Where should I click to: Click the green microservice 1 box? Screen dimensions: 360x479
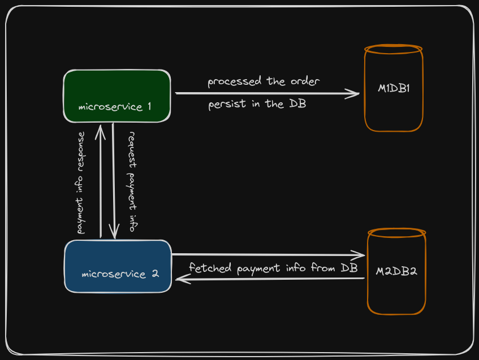click(x=116, y=96)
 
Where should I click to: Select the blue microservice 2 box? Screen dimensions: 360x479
click(x=118, y=266)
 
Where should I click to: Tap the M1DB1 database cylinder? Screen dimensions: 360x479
click(x=394, y=89)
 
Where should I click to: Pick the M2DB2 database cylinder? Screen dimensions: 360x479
click(x=396, y=271)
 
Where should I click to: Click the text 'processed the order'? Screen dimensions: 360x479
click(x=264, y=81)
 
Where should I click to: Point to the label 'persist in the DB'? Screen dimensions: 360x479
click(x=257, y=104)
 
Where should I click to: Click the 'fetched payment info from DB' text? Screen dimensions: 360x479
click(x=273, y=267)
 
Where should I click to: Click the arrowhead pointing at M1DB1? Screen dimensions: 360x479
click(x=355, y=93)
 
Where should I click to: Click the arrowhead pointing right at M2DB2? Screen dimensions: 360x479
click(x=360, y=254)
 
